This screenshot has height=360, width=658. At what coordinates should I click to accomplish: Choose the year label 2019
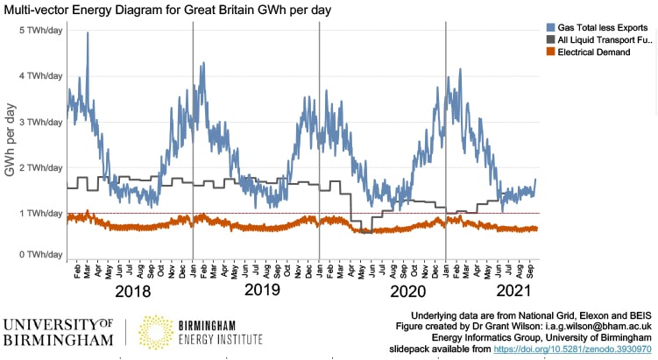pos(261,289)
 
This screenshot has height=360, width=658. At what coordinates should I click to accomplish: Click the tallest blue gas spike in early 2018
pos(88,34)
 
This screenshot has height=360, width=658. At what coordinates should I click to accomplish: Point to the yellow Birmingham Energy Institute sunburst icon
pos(157,331)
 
